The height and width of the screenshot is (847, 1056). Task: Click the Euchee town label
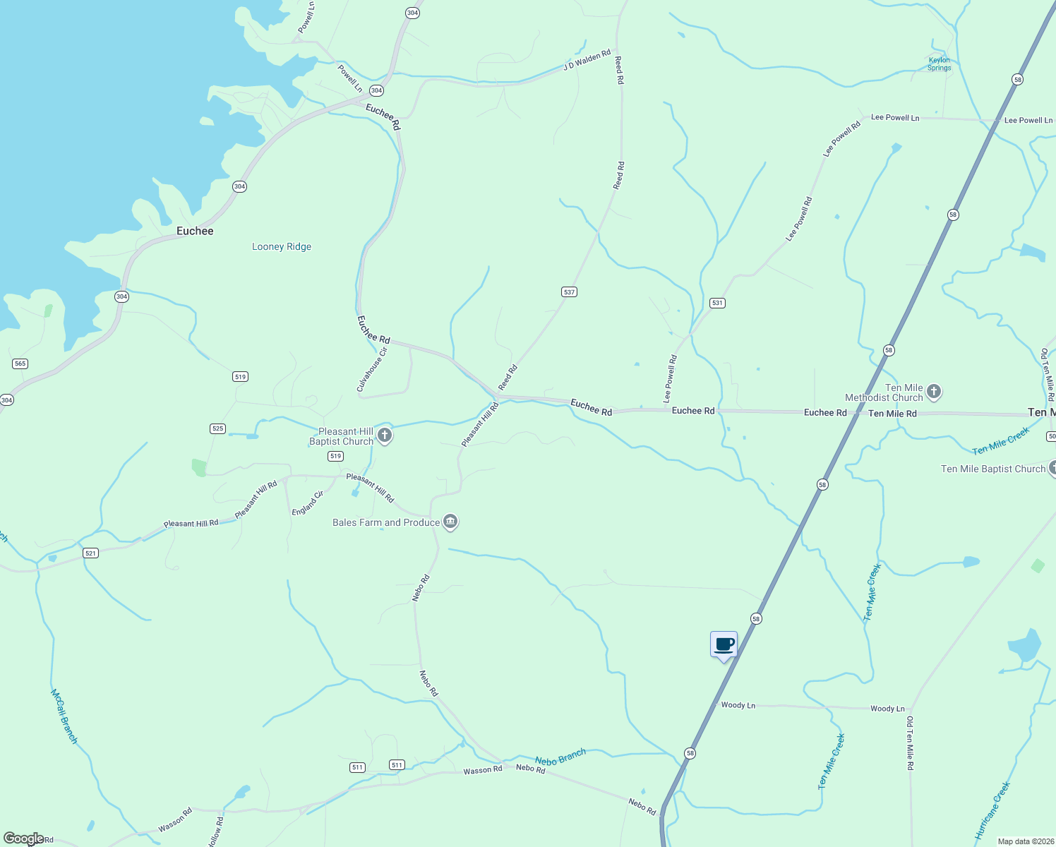pyautogui.click(x=195, y=231)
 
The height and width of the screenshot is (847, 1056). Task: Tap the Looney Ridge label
pyautogui.click(x=282, y=246)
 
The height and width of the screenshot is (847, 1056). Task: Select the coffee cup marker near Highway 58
pyautogui.click(x=724, y=644)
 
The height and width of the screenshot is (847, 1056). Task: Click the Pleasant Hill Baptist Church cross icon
pyautogui.click(x=385, y=435)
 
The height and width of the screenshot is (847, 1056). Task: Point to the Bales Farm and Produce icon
pyautogui.click(x=450, y=522)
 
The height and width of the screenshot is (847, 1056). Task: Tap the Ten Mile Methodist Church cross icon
pyautogui.click(x=934, y=392)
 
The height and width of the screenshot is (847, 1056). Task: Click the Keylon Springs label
pyautogui.click(x=940, y=64)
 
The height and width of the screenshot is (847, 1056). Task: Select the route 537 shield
pyautogui.click(x=569, y=292)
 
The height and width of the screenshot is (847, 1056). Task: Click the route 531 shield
pyautogui.click(x=717, y=303)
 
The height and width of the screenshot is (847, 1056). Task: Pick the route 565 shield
pyautogui.click(x=20, y=364)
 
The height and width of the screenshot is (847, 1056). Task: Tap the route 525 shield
pyautogui.click(x=217, y=428)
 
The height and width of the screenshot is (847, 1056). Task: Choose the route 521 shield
pyautogui.click(x=90, y=553)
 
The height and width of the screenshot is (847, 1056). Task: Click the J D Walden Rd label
pyautogui.click(x=587, y=60)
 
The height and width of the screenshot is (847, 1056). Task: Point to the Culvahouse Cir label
pyautogui.click(x=372, y=369)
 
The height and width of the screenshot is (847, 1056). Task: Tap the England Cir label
pyautogui.click(x=308, y=503)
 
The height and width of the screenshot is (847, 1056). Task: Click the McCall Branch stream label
pyautogui.click(x=64, y=716)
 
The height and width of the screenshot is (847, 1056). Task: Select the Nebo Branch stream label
pyautogui.click(x=560, y=757)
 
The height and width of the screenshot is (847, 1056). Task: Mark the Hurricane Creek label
pyautogui.click(x=992, y=810)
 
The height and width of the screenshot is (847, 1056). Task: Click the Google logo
pyautogui.click(x=23, y=839)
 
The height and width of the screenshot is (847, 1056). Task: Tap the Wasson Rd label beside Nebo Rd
pyautogui.click(x=483, y=770)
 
